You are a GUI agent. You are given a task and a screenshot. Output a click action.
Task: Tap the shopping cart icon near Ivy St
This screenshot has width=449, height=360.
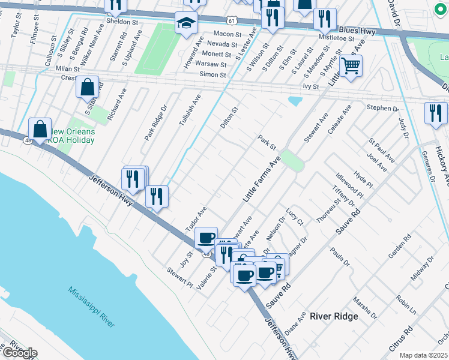click(351, 65)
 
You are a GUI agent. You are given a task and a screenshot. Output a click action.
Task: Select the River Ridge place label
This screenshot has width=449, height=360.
click(334, 316)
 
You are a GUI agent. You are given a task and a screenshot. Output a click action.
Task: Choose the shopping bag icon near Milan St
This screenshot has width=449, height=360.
click(88, 87)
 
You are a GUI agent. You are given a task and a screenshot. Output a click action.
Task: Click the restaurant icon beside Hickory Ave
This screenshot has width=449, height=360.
click(435, 113)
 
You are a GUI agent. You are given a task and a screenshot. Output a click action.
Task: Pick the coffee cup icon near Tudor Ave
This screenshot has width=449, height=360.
click(206, 238)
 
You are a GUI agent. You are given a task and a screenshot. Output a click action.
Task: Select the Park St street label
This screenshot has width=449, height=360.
click(267, 142)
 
